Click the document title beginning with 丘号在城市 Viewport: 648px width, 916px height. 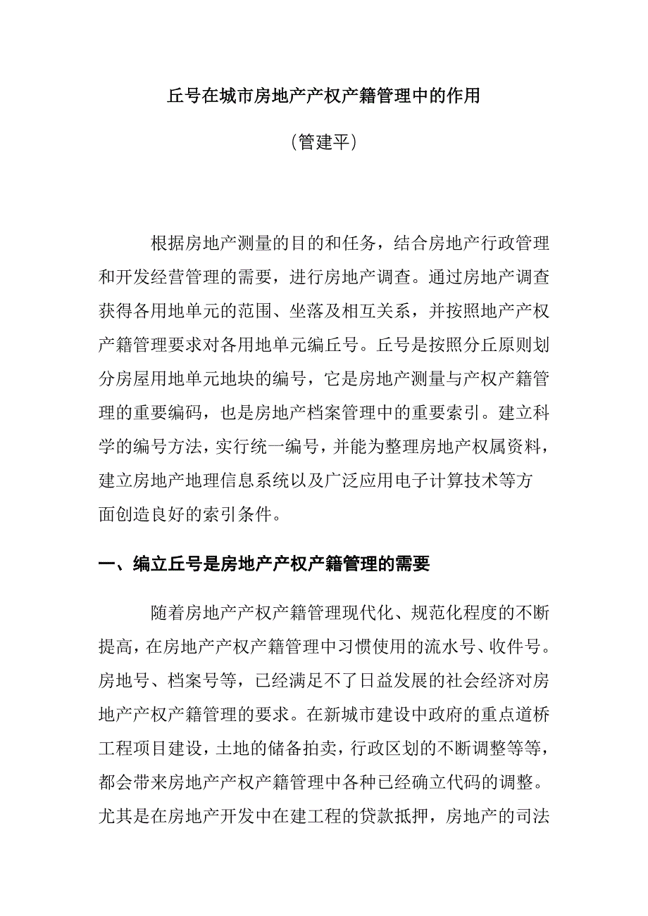click(x=323, y=96)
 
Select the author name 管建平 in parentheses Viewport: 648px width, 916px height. click(x=323, y=143)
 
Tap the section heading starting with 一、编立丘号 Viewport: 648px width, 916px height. click(x=263, y=564)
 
